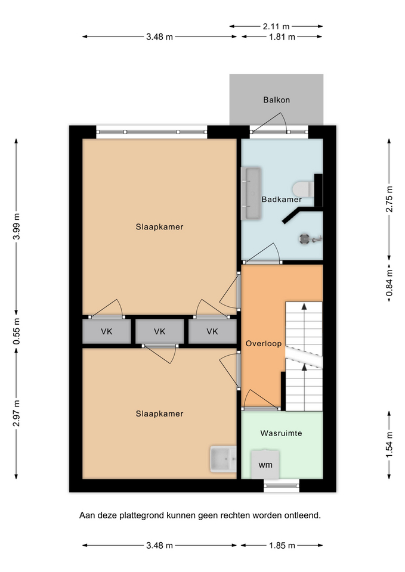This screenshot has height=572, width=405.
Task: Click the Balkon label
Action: [x=276, y=100]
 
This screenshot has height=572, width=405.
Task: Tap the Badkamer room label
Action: [x=282, y=200]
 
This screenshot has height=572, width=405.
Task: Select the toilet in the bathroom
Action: [x=303, y=189]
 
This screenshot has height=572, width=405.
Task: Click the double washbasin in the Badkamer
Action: [x=251, y=193]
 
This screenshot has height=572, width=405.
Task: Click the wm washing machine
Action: [x=265, y=464]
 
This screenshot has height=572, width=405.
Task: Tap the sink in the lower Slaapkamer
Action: [x=223, y=459]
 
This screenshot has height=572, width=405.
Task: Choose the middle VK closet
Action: [x=160, y=331]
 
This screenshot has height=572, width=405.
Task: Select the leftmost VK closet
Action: [x=107, y=331]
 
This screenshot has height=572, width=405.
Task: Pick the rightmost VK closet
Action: [x=212, y=331]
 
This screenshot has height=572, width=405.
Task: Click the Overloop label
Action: [x=264, y=344]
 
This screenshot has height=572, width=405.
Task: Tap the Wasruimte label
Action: [x=281, y=433]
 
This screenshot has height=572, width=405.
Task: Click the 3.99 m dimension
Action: [x=16, y=226]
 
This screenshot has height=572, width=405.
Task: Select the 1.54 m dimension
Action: [x=389, y=445]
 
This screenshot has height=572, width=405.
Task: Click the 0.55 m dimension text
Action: [x=17, y=331]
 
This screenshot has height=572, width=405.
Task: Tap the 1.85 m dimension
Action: [x=282, y=546]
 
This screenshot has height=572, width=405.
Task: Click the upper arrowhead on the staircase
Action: [x=304, y=306]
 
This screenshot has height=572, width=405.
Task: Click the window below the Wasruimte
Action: [x=281, y=485]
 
